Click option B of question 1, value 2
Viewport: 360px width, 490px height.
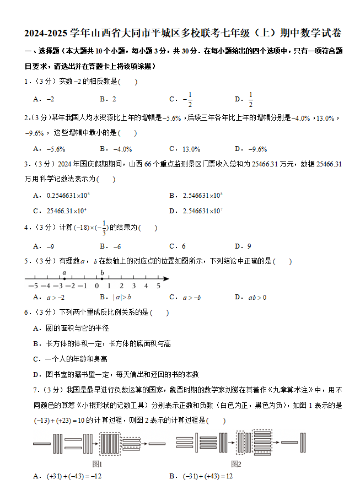(108, 100)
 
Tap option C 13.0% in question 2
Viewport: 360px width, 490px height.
(185, 149)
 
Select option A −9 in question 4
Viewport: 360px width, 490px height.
(44, 246)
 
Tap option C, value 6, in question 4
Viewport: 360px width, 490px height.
(178, 246)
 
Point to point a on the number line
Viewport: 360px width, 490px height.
(65, 279)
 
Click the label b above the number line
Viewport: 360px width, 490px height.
(102, 272)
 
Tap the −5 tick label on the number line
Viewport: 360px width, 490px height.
(33, 286)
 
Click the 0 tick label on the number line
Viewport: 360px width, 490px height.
(96, 286)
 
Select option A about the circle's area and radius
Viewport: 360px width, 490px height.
(71, 328)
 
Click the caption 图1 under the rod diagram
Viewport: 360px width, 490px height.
(97, 464)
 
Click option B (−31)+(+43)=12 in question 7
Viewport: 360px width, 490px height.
(201, 476)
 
